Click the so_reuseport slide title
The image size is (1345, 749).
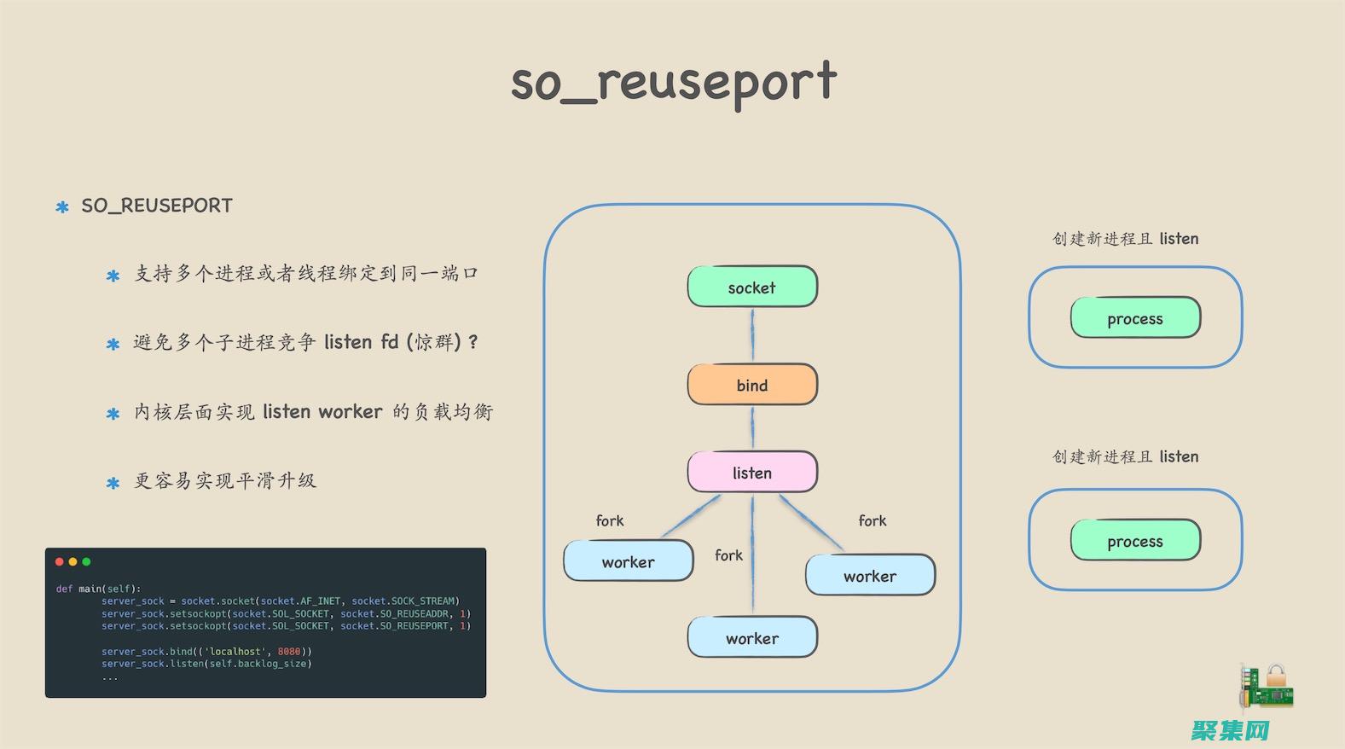673,83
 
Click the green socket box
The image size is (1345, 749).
752,287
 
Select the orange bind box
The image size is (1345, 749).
752,385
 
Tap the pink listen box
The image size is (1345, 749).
752,473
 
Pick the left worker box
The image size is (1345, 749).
629,561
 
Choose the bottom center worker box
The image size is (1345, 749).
752,638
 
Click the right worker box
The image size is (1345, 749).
870,576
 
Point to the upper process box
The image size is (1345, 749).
1135,318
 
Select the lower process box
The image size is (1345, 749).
1135,541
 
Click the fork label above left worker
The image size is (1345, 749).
609,520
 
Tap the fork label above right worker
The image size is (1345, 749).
872,520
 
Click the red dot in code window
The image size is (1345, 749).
60,561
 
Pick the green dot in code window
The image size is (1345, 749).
86,561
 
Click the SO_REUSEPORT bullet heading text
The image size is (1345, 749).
157,206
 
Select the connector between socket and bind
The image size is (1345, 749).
752,335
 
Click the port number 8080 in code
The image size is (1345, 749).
289,652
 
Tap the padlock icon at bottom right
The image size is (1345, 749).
1276,677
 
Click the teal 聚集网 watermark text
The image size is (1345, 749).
1231,730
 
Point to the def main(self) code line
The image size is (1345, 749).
98,589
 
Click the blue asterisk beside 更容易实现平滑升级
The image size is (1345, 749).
113,483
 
